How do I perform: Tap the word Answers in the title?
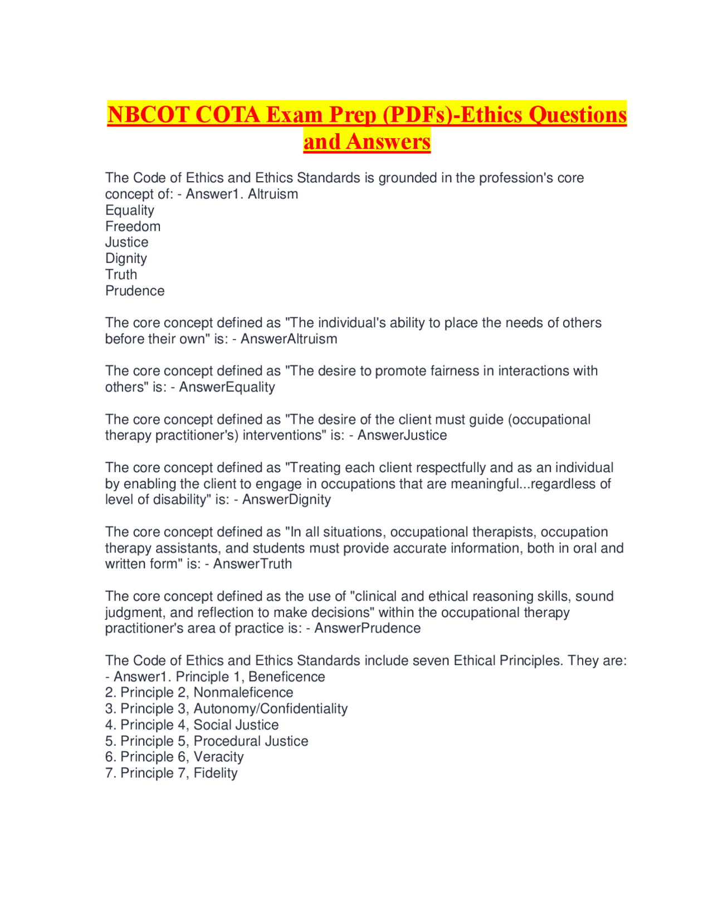[388, 142]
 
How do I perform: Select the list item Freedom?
[133, 226]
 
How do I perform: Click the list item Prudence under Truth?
[135, 291]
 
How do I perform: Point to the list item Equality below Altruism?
[130, 210]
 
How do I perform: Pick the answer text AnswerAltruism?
[289, 339]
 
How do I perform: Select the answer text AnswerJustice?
[402, 435]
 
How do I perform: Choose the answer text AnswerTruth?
[252, 564]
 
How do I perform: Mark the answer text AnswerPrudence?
[367, 628]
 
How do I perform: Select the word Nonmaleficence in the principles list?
[243, 692]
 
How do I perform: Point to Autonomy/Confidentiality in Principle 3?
[270, 708]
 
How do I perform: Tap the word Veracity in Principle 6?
[218, 757]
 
